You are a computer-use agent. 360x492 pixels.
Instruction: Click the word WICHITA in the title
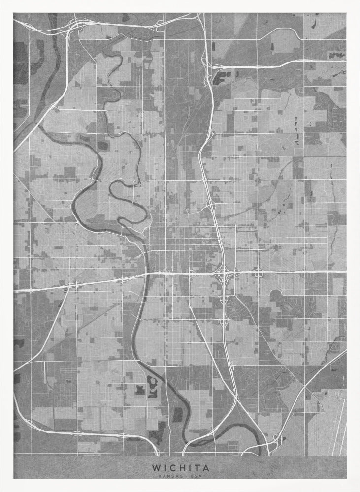click(180, 468)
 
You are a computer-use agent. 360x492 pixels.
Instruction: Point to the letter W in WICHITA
click(156, 468)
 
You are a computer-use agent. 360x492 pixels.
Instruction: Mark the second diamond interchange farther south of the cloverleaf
click(224, 322)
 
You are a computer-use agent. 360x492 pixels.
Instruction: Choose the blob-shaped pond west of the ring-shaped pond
click(139, 390)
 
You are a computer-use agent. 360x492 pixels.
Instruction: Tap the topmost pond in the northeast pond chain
click(296, 119)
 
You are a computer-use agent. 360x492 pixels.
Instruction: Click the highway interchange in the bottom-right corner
click(272, 445)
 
